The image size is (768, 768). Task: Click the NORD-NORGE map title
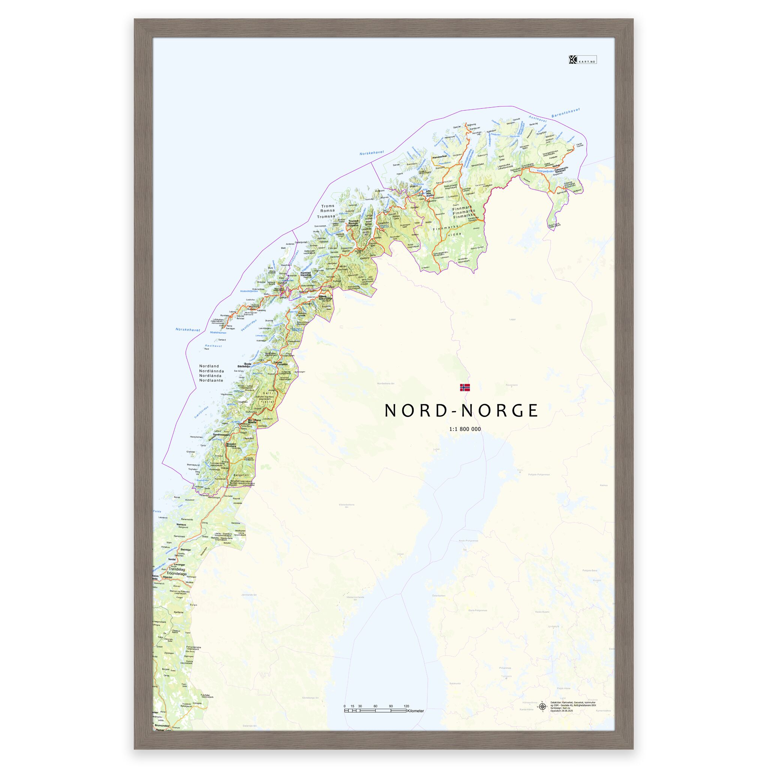[x=461, y=411]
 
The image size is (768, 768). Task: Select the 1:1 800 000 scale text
[x=465, y=429]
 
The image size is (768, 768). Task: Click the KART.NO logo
[x=582, y=60]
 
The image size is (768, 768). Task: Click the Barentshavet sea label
[x=565, y=112]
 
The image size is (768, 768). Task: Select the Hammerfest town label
[x=440, y=156]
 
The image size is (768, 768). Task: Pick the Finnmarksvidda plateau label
[x=447, y=231]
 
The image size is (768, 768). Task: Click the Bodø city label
[x=247, y=363]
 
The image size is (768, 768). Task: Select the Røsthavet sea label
[x=213, y=346]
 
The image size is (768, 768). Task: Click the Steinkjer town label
[x=186, y=550]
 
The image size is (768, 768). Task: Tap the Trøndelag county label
[x=177, y=580]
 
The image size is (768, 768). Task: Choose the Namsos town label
[x=181, y=524]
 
